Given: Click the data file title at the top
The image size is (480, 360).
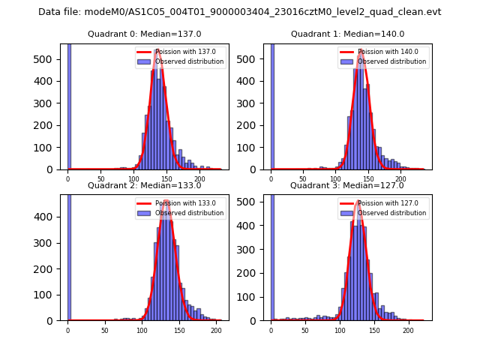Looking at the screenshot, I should [x=240, y=12].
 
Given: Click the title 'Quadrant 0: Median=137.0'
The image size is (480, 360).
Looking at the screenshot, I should [x=145, y=34].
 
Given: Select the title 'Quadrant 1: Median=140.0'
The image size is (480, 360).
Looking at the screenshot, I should [x=347, y=34].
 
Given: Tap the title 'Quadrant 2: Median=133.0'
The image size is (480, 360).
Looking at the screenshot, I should [x=145, y=185].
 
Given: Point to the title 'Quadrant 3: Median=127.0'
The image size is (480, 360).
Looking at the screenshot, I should [x=347, y=185].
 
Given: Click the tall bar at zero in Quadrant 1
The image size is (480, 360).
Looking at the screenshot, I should [x=271, y=105].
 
